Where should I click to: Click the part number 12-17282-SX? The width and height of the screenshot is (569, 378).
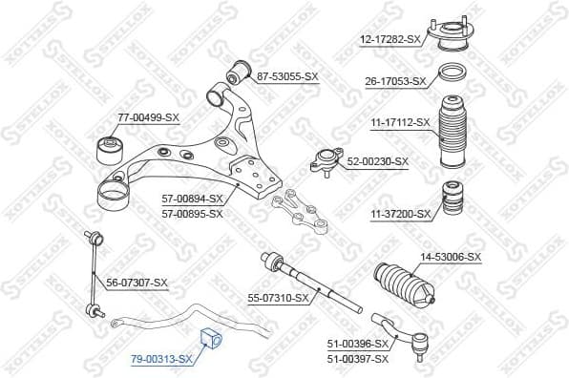pos(389,39)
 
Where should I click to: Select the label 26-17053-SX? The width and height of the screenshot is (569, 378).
pos(395,82)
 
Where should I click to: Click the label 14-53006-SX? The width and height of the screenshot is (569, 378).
pos(452,257)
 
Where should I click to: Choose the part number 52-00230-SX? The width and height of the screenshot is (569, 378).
pos(377,161)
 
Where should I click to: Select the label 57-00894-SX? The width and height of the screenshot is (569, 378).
pos(192,199)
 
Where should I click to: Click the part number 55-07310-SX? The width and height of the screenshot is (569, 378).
pos(279,298)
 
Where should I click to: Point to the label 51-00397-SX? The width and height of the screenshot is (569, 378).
pos(358,358)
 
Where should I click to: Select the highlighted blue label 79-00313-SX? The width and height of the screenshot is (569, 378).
pos(161,359)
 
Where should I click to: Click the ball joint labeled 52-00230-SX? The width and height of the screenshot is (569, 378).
pos(327,162)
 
